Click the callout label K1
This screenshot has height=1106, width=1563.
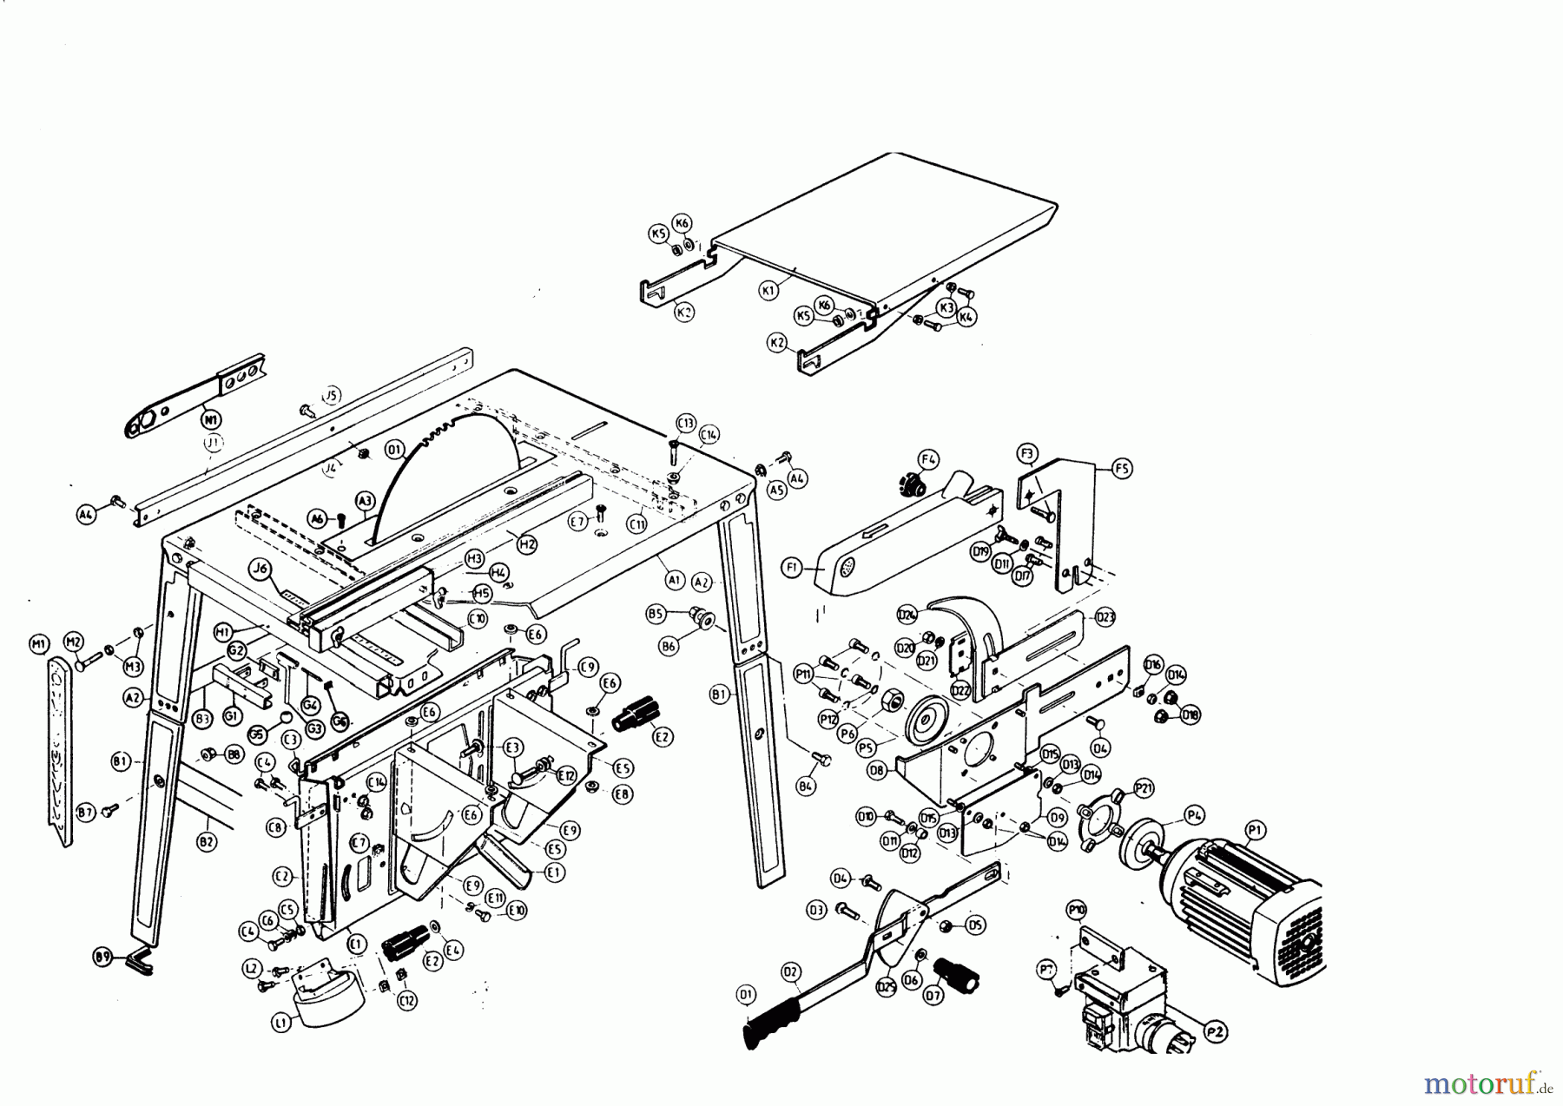point(768,291)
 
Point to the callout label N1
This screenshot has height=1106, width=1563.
point(209,420)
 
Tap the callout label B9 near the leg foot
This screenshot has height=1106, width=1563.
point(103,958)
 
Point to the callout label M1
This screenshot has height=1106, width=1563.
point(38,643)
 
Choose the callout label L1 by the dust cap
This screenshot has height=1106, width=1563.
point(280,1024)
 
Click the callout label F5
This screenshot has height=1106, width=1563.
point(1122,469)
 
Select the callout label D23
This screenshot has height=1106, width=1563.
point(1105,617)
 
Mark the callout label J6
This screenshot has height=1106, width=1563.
point(258,569)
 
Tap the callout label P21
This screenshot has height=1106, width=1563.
point(1144,788)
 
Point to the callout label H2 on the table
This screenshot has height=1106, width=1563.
point(526,544)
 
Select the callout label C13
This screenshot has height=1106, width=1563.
point(685,423)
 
